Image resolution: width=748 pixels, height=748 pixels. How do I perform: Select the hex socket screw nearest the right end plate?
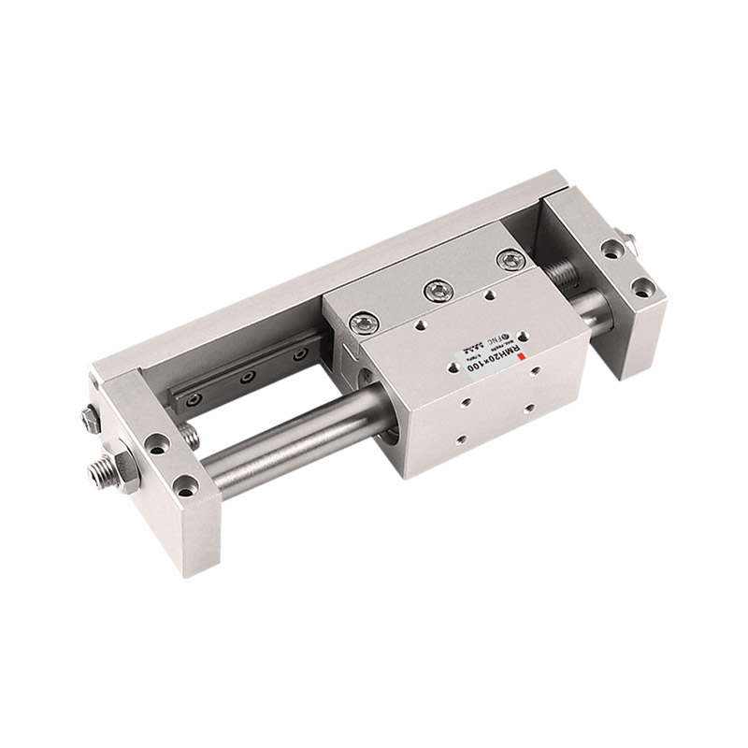tap(509, 261)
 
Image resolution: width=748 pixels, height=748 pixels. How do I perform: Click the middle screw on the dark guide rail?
tap(248, 379)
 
